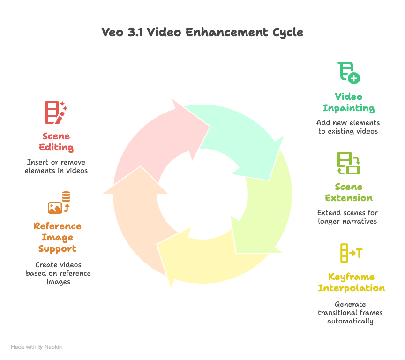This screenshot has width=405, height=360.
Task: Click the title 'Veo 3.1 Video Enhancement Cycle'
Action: click(x=202, y=32)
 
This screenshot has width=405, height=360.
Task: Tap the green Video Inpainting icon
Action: click(x=349, y=73)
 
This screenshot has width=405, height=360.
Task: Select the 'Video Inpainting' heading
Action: click(x=348, y=103)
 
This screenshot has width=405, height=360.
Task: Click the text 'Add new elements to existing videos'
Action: click(x=348, y=127)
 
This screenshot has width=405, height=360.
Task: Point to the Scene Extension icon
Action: click(x=349, y=163)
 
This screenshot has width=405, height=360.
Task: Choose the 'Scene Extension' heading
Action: click(x=349, y=192)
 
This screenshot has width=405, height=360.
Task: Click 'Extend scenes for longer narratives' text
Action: click(x=348, y=217)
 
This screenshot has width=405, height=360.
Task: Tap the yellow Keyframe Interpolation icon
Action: click(x=350, y=253)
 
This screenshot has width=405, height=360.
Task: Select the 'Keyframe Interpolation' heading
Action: click(x=351, y=282)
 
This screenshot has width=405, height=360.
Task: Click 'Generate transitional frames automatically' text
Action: click(x=351, y=313)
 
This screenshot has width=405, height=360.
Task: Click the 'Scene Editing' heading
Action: click(x=56, y=142)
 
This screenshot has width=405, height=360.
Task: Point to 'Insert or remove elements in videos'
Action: click(x=56, y=166)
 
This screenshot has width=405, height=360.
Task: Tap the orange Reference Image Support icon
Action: click(x=59, y=203)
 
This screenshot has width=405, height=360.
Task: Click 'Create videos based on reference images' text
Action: click(x=58, y=273)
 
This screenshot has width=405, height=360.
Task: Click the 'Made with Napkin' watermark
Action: click(x=37, y=347)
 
